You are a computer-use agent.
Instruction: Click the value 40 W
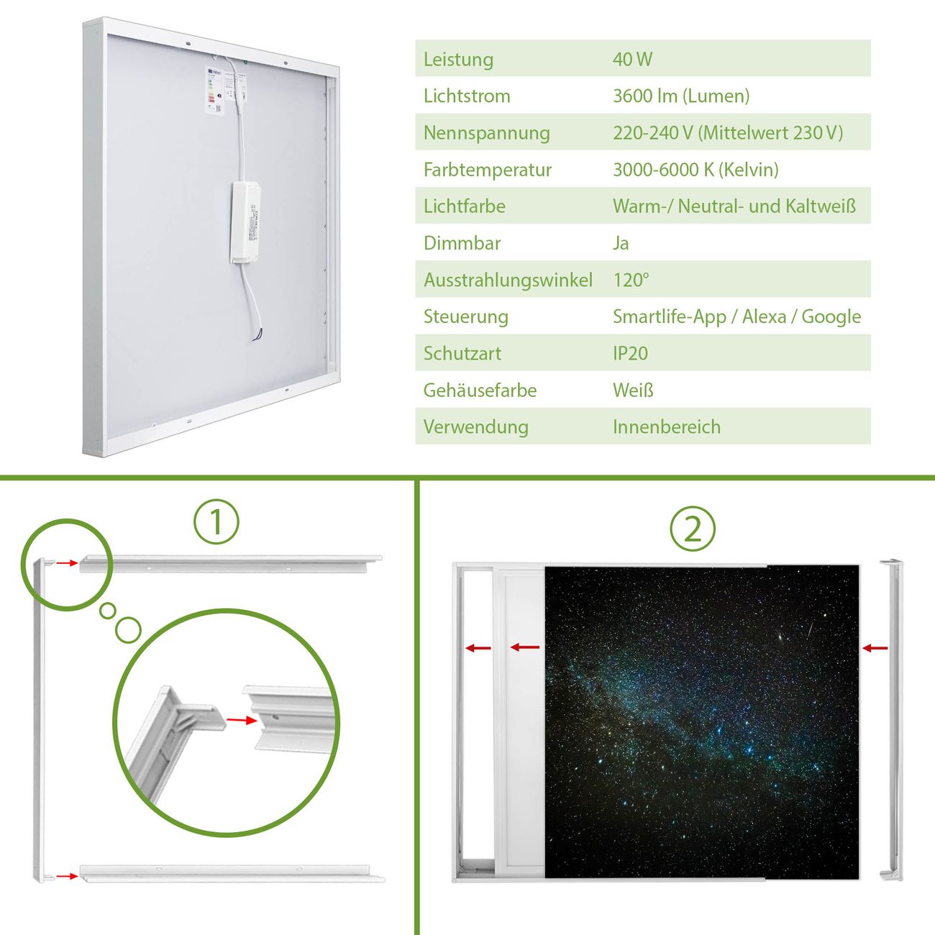pyautogui.click(x=632, y=59)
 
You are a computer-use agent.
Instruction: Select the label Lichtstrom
pyautogui.click(x=467, y=96)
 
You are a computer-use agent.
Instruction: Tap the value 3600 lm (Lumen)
pyautogui.click(x=681, y=96)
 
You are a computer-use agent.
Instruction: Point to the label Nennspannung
pyautogui.click(x=487, y=133)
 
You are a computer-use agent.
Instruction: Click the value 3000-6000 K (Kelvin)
pyautogui.click(x=695, y=170)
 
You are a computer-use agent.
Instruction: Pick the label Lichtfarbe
pyautogui.click(x=465, y=206)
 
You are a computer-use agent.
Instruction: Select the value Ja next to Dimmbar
pyautogui.click(x=621, y=243)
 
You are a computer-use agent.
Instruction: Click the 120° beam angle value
pyautogui.click(x=631, y=280)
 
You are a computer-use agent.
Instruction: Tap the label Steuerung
pyautogui.click(x=466, y=317)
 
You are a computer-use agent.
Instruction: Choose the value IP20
pyautogui.click(x=630, y=353)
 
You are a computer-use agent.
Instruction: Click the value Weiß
pyautogui.click(x=633, y=390)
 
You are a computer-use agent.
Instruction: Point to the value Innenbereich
pyautogui.click(x=667, y=427)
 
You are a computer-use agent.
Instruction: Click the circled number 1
pyautogui.click(x=216, y=521)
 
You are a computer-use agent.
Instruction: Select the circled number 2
pyautogui.click(x=693, y=529)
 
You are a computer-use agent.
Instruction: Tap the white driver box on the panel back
pyautogui.click(x=245, y=223)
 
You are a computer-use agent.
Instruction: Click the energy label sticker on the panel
pyautogui.click(x=214, y=90)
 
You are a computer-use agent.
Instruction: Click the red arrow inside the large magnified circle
pyautogui.click(x=242, y=720)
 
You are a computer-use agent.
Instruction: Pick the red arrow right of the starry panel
pyautogui.click(x=875, y=648)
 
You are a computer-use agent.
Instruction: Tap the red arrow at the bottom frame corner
pyautogui.click(x=67, y=876)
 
